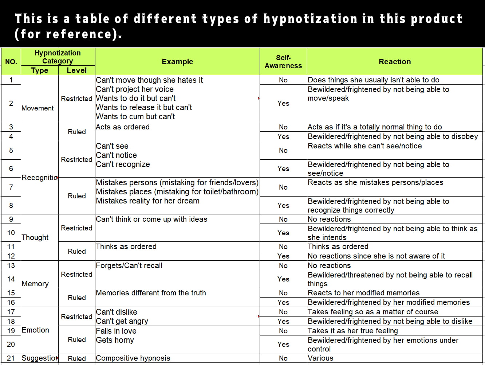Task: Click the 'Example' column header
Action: (177, 62)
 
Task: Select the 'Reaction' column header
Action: (394, 62)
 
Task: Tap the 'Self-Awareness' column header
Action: (283, 62)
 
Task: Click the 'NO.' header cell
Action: (11, 62)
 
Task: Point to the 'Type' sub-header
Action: (40, 70)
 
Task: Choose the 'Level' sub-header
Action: (77, 70)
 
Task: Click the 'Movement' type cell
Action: (38, 108)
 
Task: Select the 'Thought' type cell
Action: (35, 237)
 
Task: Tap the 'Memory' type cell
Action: (35, 284)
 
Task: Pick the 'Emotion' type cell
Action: (35, 330)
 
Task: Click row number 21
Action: (11, 358)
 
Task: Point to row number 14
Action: (11, 279)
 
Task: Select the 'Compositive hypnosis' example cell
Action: (133, 358)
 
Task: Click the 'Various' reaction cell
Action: (320, 358)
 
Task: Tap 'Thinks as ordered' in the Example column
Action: (126, 246)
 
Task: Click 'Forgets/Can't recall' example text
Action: (129, 265)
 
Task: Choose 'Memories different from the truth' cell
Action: (151, 293)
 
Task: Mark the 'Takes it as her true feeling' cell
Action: (352, 331)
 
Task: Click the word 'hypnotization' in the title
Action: (310, 19)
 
